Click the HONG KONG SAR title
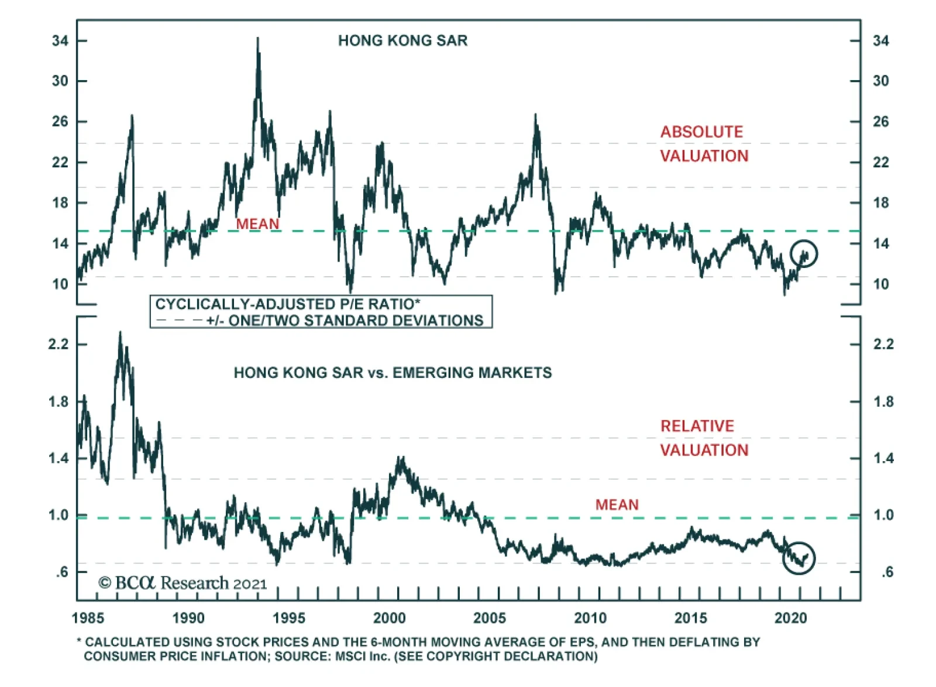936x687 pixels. (402, 40)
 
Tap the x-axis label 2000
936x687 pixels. (390, 618)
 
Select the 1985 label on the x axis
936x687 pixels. (88, 618)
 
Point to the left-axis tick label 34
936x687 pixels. (60, 41)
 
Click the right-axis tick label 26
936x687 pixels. (880, 122)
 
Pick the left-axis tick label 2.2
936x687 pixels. (58, 344)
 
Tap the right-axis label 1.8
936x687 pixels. (883, 401)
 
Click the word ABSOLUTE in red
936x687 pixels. (701, 132)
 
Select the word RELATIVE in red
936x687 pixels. (697, 426)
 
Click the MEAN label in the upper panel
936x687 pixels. (257, 224)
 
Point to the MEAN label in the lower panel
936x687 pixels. (617, 504)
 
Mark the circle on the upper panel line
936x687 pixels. (804, 253)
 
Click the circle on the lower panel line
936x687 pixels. (799, 558)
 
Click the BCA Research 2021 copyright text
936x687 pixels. (183, 583)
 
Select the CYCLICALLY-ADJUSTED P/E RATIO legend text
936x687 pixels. (287, 304)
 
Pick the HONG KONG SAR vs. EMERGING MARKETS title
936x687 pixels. (393, 373)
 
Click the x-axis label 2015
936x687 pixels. (691, 618)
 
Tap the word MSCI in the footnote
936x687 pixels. (350, 656)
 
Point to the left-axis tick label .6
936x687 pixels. (62, 572)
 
